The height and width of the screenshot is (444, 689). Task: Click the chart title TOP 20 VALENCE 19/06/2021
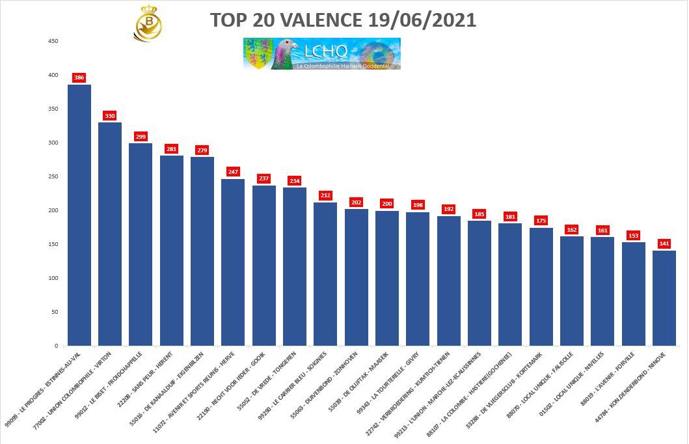point(343,20)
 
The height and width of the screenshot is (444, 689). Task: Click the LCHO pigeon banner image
point(322,54)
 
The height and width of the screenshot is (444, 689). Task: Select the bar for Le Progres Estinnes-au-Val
point(79,215)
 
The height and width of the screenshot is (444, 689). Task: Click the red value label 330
point(110,116)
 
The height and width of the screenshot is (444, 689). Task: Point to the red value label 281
point(171,149)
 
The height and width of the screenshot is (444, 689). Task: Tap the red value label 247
point(233,172)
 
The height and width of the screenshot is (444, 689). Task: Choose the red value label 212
point(325,195)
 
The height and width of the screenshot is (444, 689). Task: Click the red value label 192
point(448,209)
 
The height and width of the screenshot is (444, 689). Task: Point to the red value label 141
point(664,243)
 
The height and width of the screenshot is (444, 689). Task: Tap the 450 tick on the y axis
point(53,41)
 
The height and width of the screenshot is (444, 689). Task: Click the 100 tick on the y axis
point(53,278)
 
